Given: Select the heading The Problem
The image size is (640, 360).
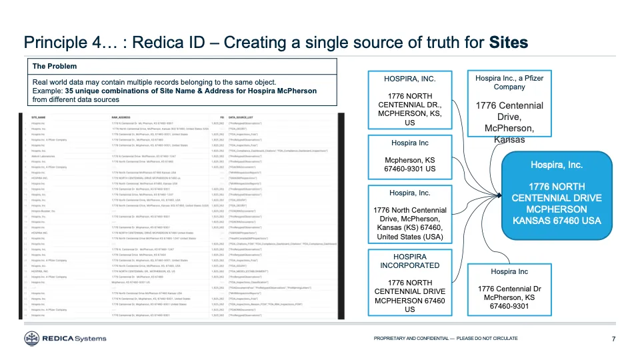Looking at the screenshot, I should (55, 66).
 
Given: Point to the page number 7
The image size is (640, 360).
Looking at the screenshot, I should (613, 339).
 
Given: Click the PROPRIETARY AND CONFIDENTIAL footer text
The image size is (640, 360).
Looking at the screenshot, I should (445, 339).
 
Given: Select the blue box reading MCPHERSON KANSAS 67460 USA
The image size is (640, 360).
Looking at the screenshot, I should (556, 193).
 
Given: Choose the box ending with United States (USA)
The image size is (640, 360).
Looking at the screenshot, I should (409, 214).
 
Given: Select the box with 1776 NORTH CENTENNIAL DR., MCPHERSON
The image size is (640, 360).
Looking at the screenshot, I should (409, 100).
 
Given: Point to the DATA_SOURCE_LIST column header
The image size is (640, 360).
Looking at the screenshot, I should (244, 117).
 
